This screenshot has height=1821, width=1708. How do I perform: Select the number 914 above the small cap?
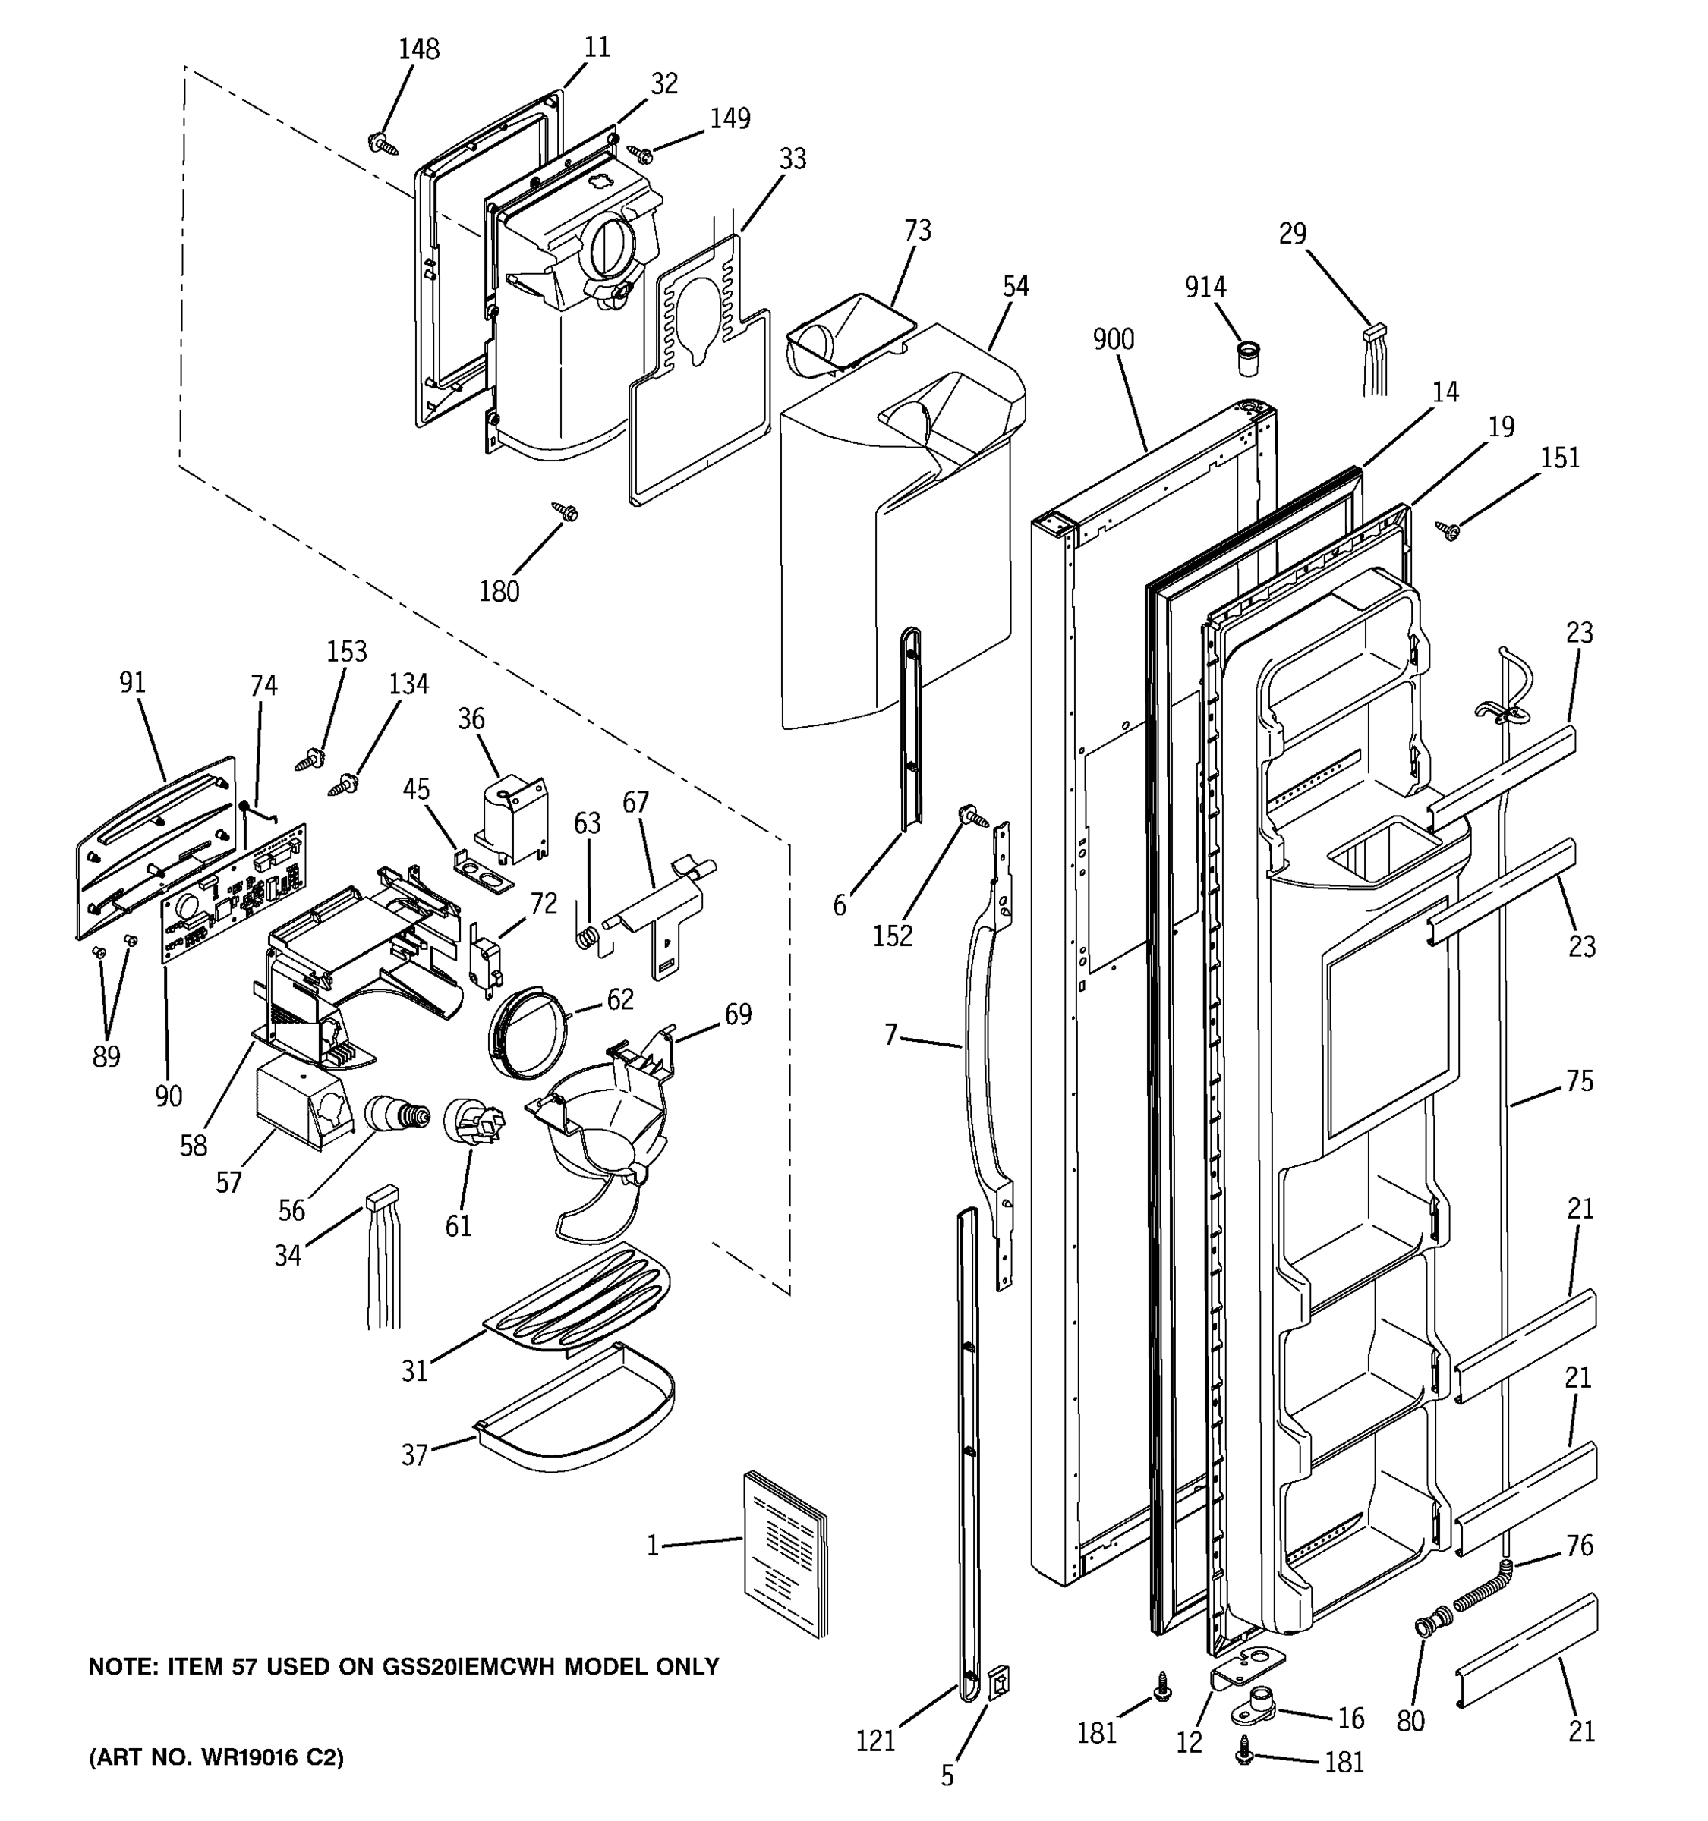1205,287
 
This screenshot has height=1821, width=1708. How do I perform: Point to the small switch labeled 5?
1001,1683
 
